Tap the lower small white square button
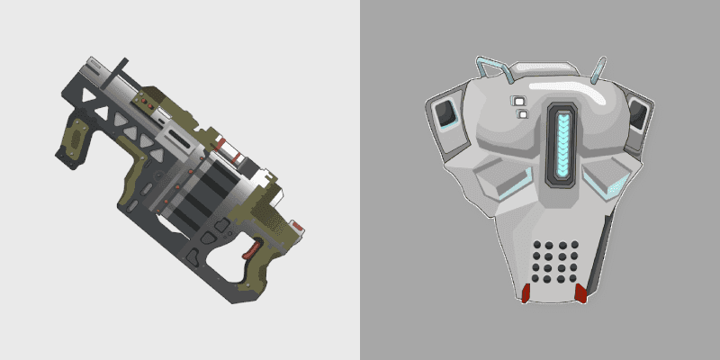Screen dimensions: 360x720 522,114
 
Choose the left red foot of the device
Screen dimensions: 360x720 525,292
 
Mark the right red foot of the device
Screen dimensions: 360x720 581,293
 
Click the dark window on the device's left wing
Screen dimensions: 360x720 445,114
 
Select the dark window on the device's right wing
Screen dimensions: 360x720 638,115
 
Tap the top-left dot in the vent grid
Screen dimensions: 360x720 538,245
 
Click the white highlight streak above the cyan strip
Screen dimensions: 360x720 559,87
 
